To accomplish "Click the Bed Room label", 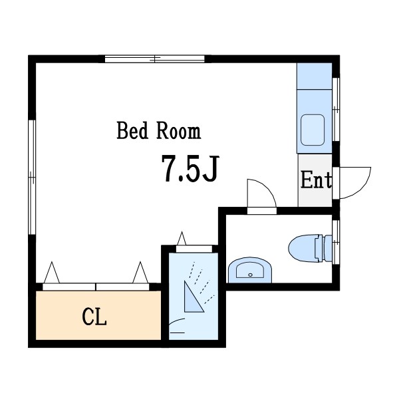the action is (159, 130).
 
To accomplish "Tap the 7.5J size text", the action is (190, 169).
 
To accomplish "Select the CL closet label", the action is (94, 317).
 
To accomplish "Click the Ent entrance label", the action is (317, 180).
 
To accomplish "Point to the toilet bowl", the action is (303, 247).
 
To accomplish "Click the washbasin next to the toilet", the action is (250, 270).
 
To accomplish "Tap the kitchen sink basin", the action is (313, 130).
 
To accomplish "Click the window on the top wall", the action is (155, 59).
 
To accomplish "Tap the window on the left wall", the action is (32, 177).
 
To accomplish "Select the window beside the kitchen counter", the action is (336, 109).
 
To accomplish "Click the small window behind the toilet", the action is (336, 242).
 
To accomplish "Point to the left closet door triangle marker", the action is (52, 272).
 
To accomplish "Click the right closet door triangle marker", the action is (140, 272).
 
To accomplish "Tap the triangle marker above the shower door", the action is (182, 239).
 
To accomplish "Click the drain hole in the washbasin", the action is (251, 275).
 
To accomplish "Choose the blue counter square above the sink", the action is (315, 76).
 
